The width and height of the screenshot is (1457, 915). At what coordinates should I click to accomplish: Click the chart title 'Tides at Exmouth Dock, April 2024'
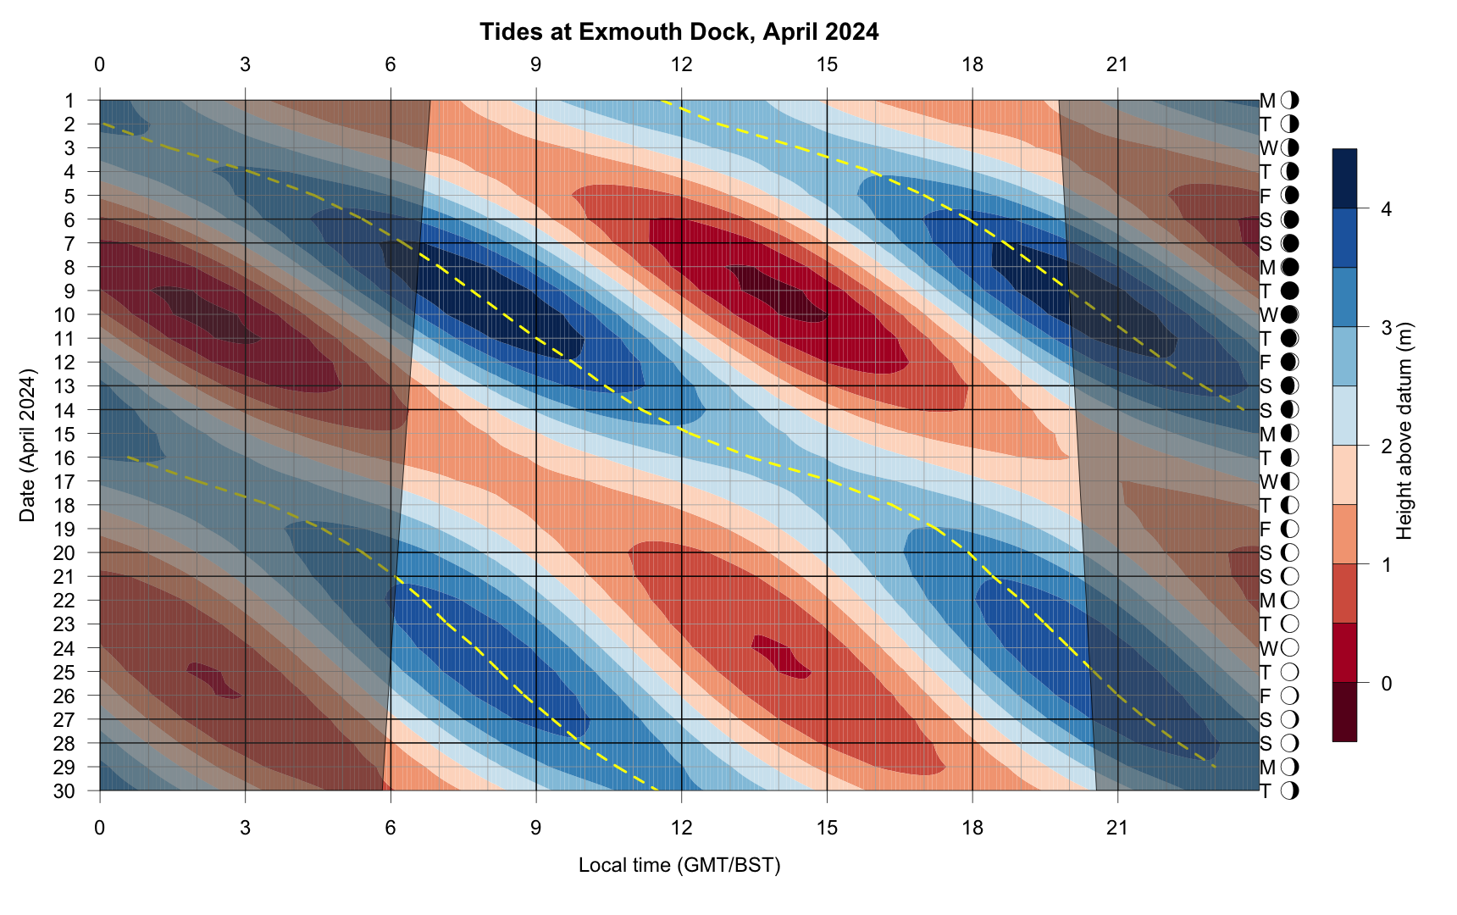click(x=679, y=32)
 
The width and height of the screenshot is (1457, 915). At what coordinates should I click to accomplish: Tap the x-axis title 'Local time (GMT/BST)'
click(x=679, y=865)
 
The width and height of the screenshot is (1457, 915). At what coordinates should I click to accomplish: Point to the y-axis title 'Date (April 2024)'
click(x=28, y=445)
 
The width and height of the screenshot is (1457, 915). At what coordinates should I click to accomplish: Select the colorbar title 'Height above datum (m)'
click(x=1404, y=430)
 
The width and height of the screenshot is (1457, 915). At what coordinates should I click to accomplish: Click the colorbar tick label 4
click(x=1386, y=209)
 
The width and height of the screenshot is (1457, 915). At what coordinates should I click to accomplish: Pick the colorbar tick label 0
click(x=1386, y=683)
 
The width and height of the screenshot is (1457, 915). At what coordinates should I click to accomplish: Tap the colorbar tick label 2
click(x=1386, y=446)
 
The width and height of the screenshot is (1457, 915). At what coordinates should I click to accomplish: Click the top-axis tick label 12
click(x=681, y=64)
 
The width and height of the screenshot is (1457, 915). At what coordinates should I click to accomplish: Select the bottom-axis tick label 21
click(x=1117, y=827)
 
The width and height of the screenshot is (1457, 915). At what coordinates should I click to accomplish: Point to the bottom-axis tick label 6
click(x=391, y=827)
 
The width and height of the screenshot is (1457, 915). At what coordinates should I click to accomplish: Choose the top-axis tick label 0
click(x=100, y=64)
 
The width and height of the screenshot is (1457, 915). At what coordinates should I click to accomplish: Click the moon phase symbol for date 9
click(x=1290, y=291)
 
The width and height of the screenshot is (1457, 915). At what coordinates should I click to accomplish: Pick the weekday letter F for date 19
click(x=1266, y=530)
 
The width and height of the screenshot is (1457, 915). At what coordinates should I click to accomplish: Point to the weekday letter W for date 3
click(x=1267, y=148)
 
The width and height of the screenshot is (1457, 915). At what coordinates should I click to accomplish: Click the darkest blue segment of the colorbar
click(x=1344, y=179)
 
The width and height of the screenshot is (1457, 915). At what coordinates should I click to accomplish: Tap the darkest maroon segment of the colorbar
click(x=1344, y=712)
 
